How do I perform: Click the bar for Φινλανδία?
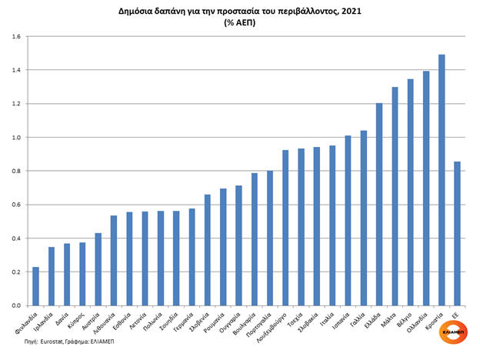point(36,285)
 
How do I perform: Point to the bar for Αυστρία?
point(98,268)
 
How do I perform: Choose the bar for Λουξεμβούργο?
point(285,227)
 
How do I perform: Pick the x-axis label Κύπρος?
point(75,317)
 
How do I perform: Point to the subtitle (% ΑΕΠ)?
point(239,23)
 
